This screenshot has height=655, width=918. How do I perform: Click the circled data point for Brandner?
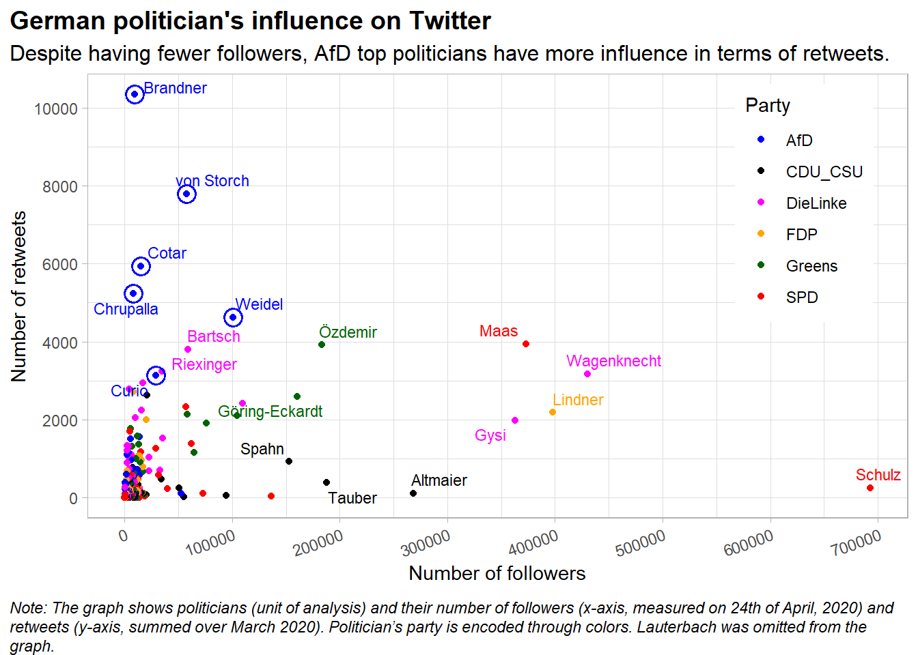[x=135, y=94]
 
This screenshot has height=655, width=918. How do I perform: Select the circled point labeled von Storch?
[x=186, y=194]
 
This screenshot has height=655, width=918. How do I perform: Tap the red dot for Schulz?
[x=870, y=488]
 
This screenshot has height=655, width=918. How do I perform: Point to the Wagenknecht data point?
[x=587, y=374]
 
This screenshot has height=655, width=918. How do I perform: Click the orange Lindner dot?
[x=553, y=412]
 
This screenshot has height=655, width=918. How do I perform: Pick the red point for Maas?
[x=526, y=344]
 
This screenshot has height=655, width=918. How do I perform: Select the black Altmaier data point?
[x=413, y=493]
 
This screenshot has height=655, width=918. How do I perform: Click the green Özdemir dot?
[x=322, y=345]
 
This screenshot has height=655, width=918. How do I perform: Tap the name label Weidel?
[x=259, y=304]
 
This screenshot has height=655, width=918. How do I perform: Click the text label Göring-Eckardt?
[x=270, y=411]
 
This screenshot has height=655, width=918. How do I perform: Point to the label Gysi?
[x=490, y=435]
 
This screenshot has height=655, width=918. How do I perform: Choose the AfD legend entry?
[x=799, y=141]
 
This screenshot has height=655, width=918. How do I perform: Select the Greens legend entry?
[x=811, y=266]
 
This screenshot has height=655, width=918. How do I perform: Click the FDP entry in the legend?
[x=801, y=235]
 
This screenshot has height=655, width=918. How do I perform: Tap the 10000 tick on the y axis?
[x=56, y=109]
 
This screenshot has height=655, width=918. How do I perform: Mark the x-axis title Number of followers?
[x=497, y=573]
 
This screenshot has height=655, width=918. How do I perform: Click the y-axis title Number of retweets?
[x=19, y=296]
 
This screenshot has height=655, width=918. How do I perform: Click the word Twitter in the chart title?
[x=449, y=21]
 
